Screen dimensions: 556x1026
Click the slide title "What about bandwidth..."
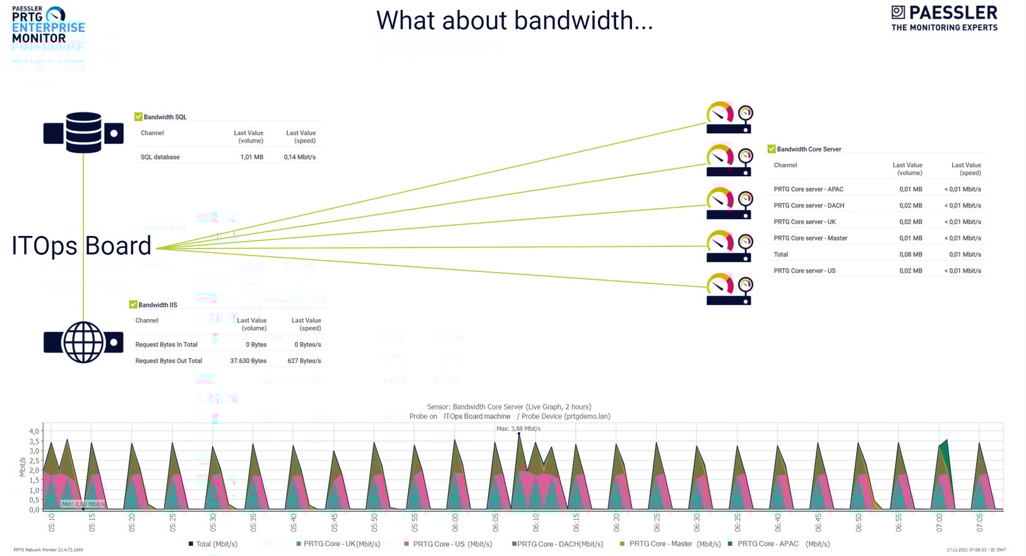click(514, 21)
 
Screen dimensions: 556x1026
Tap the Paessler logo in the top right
click(944, 18)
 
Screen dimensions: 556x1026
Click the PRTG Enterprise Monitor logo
click(48, 25)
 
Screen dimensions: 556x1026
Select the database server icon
click(83, 133)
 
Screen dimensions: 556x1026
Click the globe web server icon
click(83, 342)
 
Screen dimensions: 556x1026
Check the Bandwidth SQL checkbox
click(138, 117)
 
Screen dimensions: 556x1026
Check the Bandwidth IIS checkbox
click(133, 305)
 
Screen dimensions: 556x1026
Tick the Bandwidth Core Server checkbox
click(772, 149)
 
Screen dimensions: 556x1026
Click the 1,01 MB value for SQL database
click(251, 157)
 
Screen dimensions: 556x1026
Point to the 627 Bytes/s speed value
click(304, 361)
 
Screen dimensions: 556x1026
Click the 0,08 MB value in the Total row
click(910, 254)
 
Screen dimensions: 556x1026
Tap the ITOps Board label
click(81, 245)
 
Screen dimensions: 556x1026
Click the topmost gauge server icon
click(729, 117)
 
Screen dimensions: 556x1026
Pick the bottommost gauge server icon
click(729, 289)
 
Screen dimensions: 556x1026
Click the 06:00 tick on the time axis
click(455, 523)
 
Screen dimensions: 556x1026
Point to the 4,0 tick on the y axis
click(33, 431)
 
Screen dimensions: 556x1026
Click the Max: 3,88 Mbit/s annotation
click(518, 429)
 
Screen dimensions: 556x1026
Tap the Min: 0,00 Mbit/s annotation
click(83, 504)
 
